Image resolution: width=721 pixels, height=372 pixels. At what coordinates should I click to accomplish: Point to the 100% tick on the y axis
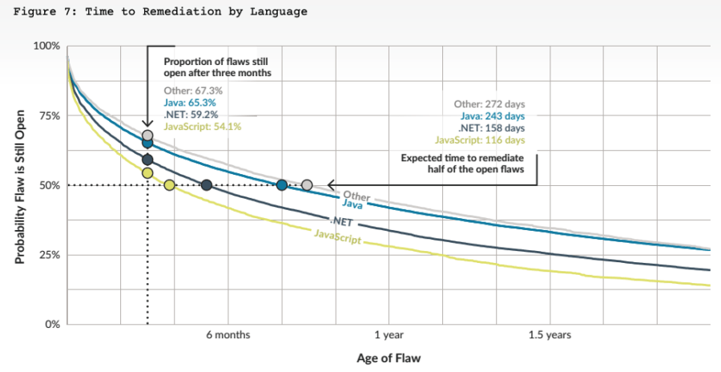(x=46, y=46)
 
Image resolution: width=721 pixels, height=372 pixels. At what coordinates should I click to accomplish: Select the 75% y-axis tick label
(x=49, y=115)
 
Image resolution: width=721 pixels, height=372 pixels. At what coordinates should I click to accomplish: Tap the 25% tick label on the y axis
(x=49, y=255)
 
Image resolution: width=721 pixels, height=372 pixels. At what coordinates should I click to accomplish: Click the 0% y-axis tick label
(x=51, y=325)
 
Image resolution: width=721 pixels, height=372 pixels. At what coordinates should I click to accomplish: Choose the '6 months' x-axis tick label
(x=228, y=335)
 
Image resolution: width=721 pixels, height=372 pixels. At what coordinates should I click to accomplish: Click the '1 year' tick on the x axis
(x=389, y=335)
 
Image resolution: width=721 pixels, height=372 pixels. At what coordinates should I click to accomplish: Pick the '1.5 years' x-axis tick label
(x=550, y=335)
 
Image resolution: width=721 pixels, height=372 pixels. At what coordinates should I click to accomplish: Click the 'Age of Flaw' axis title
(x=389, y=358)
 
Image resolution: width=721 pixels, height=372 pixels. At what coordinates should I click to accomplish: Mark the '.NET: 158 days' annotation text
(x=491, y=127)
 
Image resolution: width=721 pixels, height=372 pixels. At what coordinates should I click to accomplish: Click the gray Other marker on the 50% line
(x=307, y=185)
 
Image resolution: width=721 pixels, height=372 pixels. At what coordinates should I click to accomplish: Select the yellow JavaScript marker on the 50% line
(x=169, y=185)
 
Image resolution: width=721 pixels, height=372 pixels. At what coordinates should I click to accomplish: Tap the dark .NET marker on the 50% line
(x=207, y=185)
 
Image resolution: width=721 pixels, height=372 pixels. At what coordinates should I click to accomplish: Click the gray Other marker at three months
(x=147, y=135)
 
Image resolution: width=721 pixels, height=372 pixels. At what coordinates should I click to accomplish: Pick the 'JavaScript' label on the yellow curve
(x=336, y=237)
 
